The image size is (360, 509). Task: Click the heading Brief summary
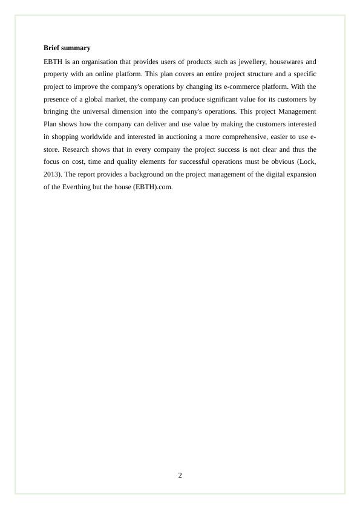(67, 48)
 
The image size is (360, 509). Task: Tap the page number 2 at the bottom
(180, 475)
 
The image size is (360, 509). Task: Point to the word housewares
(289, 62)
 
